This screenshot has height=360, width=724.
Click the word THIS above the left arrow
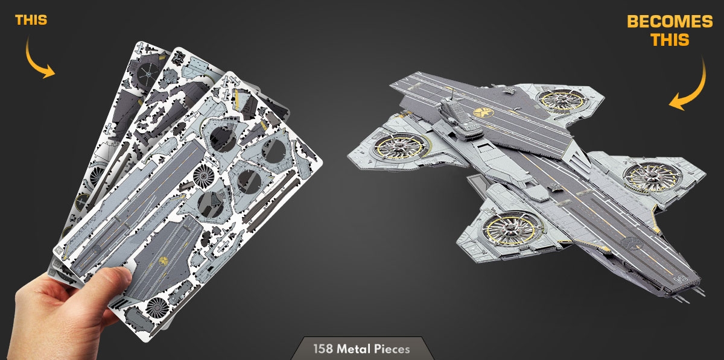pyautogui.click(x=31, y=20)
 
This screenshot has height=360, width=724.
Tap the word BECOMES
pyautogui.click(x=670, y=22)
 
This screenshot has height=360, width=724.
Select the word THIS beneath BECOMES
pyautogui.click(x=670, y=40)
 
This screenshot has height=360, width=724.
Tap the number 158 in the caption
pyautogui.click(x=323, y=349)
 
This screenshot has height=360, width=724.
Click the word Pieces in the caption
pyautogui.click(x=392, y=349)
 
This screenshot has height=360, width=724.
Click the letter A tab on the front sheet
pyautogui.click(x=59, y=250)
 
